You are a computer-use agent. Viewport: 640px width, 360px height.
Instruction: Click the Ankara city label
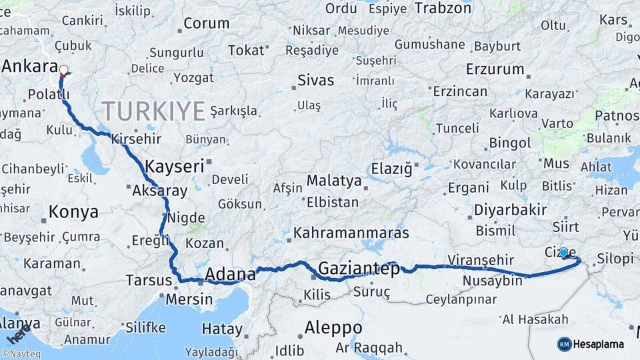point(29,66)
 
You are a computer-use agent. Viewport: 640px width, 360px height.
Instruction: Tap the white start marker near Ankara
point(64,69)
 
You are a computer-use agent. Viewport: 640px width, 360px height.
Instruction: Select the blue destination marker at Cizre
point(563,252)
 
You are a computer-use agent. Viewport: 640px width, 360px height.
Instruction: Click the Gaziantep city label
point(359,269)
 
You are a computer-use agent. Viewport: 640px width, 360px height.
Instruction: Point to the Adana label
point(230,273)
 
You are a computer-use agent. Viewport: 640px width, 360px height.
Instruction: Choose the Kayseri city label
point(174,167)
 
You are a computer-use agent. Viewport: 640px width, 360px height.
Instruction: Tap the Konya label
point(73,213)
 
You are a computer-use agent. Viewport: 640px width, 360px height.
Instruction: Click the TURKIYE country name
point(153,111)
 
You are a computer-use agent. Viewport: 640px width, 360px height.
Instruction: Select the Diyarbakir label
point(509,210)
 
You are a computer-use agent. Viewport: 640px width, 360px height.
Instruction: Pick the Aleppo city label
point(333,328)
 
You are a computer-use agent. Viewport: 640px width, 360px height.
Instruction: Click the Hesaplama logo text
point(599,344)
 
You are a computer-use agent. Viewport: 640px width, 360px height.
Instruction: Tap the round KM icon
point(565,344)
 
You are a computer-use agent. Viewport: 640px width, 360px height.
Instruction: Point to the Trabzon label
point(443,8)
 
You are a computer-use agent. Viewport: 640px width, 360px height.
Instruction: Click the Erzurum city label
point(476,69)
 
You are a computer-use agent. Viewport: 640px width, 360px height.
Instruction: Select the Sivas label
point(315,81)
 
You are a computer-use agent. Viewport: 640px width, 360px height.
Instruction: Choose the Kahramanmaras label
point(351,233)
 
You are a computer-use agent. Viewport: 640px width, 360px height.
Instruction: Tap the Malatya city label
point(334,181)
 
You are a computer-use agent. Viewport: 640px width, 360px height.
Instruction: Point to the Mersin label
point(189,299)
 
